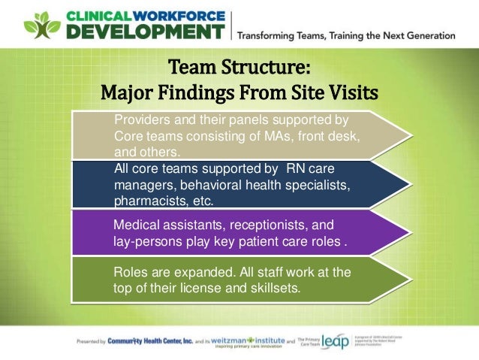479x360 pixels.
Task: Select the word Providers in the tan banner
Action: click(139, 119)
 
